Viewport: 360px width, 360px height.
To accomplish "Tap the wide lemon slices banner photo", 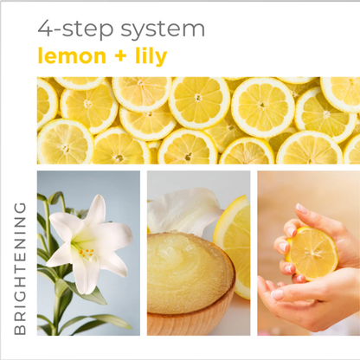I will [198, 120].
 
